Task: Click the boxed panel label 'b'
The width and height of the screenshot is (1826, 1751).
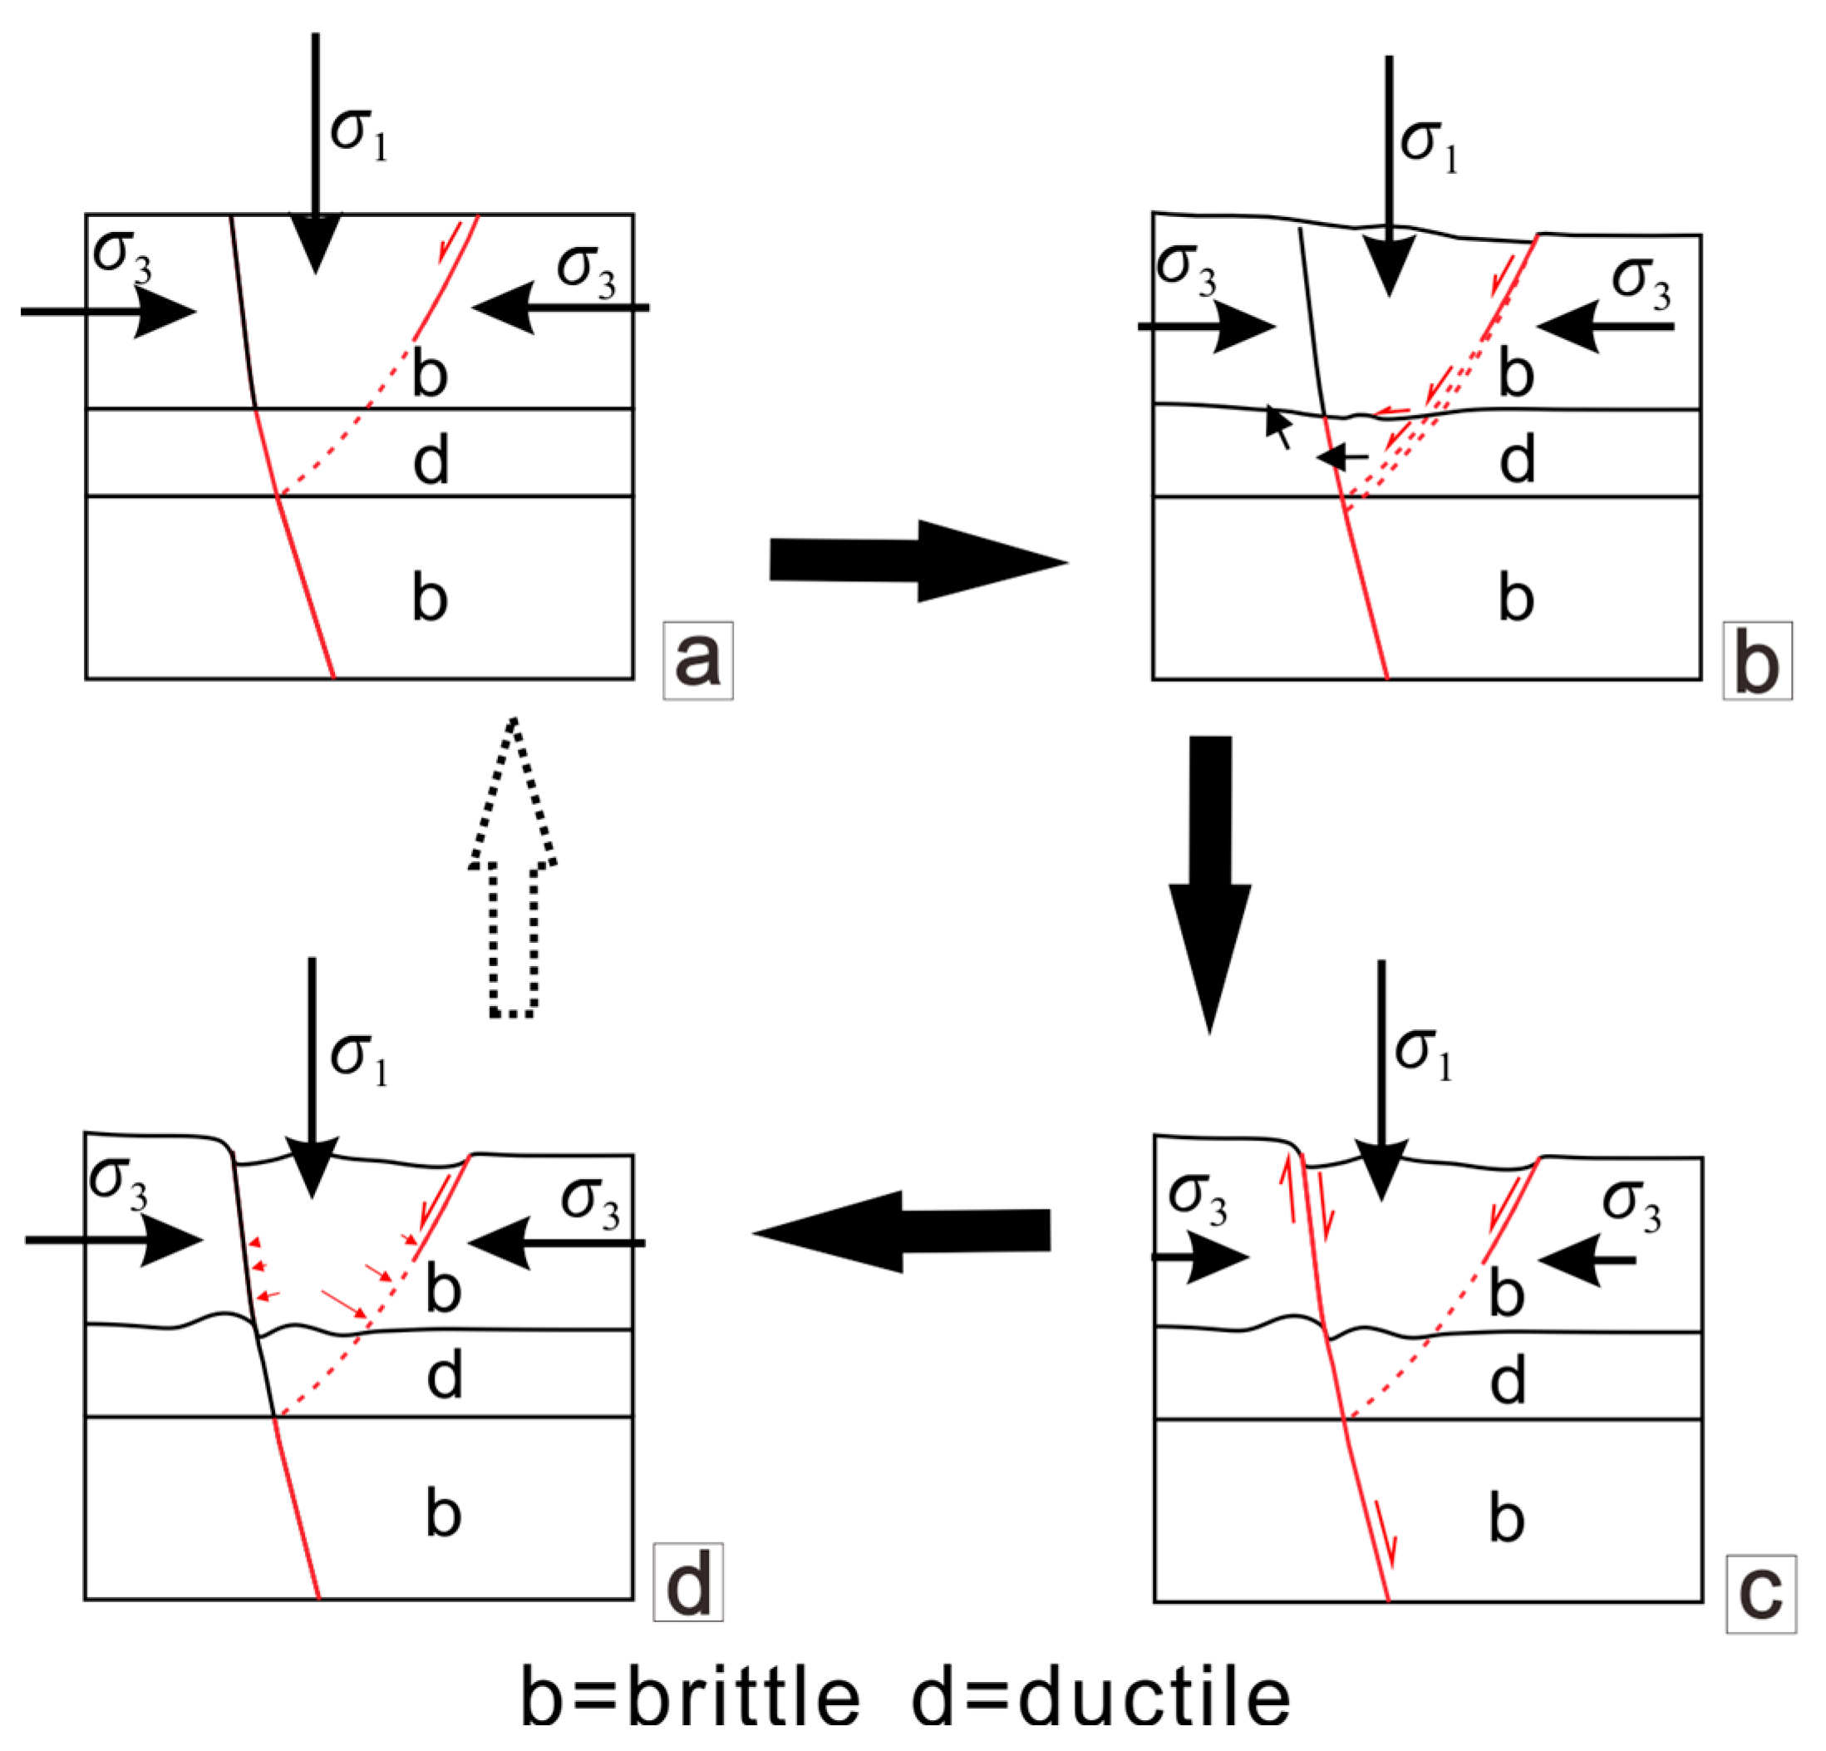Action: click(x=1757, y=660)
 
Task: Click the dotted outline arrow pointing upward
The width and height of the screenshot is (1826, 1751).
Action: click(x=513, y=866)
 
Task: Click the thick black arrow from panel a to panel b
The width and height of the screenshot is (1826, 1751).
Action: click(x=918, y=561)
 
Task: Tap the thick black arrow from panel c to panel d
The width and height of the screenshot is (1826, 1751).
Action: click(x=901, y=1231)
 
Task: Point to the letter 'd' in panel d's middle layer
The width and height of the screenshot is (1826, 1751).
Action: click(x=445, y=1375)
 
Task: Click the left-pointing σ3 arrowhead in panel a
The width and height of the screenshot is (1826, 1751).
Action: click(x=503, y=307)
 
